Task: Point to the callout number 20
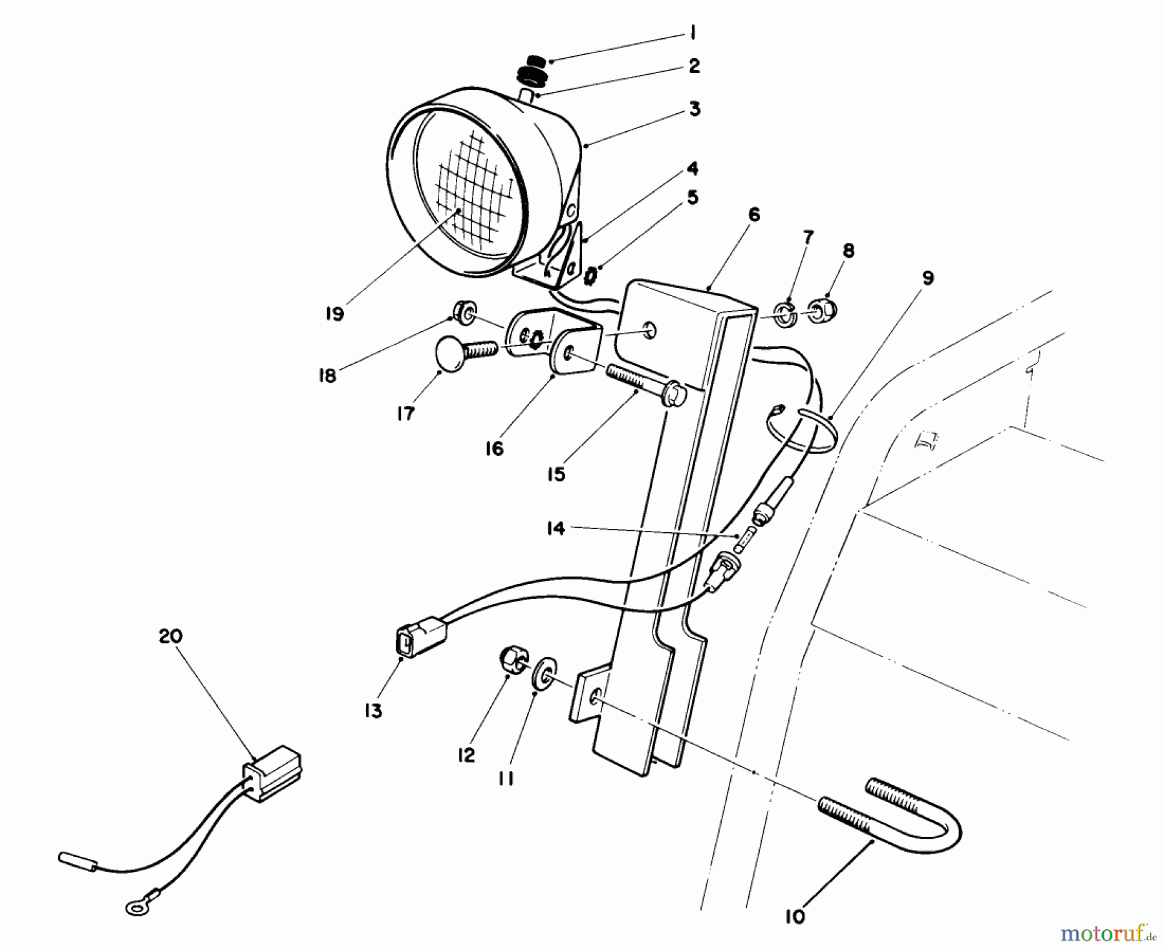point(171,636)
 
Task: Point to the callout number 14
point(555,528)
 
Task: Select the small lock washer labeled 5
point(590,278)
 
